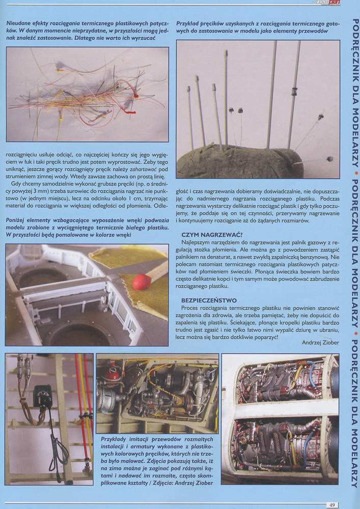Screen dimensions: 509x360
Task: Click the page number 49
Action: pyautogui.click(x=331, y=504)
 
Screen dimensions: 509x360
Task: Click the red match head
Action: pyautogui.click(x=141, y=280)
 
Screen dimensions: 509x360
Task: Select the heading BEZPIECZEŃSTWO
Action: pyautogui.click(x=207, y=301)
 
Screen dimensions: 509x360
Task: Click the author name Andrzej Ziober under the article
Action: pyautogui.click(x=316, y=342)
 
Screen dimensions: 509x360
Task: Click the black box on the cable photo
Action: pyautogui.click(x=42, y=395)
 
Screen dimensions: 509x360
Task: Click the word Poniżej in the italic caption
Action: pyautogui.click(x=17, y=218)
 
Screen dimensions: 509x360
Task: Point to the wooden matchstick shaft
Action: pyautogui.click(x=156, y=272)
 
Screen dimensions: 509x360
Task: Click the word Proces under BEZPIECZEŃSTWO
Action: pyautogui.click(x=190, y=308)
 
